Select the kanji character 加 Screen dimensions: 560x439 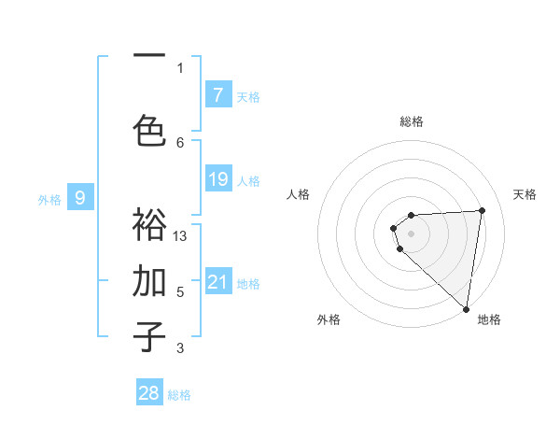(150, 280)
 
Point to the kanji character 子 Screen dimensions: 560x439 (150, 337)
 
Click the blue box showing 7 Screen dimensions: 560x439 (217, 95)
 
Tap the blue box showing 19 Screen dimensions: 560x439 (217, 179)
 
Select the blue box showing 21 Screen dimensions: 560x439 (217, 282)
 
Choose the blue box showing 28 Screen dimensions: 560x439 (149, 393)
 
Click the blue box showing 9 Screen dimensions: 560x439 (80, 197)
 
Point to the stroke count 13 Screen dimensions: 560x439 (181, 236)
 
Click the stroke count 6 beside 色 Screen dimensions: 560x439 (180, 142)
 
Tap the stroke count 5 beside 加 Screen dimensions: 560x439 (180, 292)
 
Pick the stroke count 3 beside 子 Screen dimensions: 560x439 (180, 348)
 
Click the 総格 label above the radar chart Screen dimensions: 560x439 (412, 121)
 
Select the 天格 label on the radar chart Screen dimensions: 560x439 (525, 194)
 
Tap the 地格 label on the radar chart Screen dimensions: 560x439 (489, 319)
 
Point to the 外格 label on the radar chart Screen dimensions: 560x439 (329, 319)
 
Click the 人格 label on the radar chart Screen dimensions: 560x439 (299, 194)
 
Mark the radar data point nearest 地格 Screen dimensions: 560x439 (466, 308)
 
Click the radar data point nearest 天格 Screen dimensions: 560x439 (482, 210)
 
